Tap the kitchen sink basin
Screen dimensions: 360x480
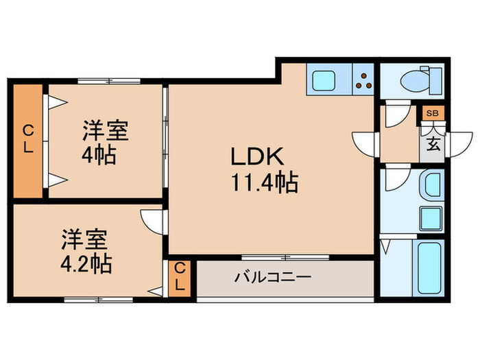[322, 80]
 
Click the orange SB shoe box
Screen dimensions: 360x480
[432, 113]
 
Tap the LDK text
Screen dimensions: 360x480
[257, 157]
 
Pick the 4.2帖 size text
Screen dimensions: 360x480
[86, 263]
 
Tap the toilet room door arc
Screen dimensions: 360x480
[394, 115]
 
